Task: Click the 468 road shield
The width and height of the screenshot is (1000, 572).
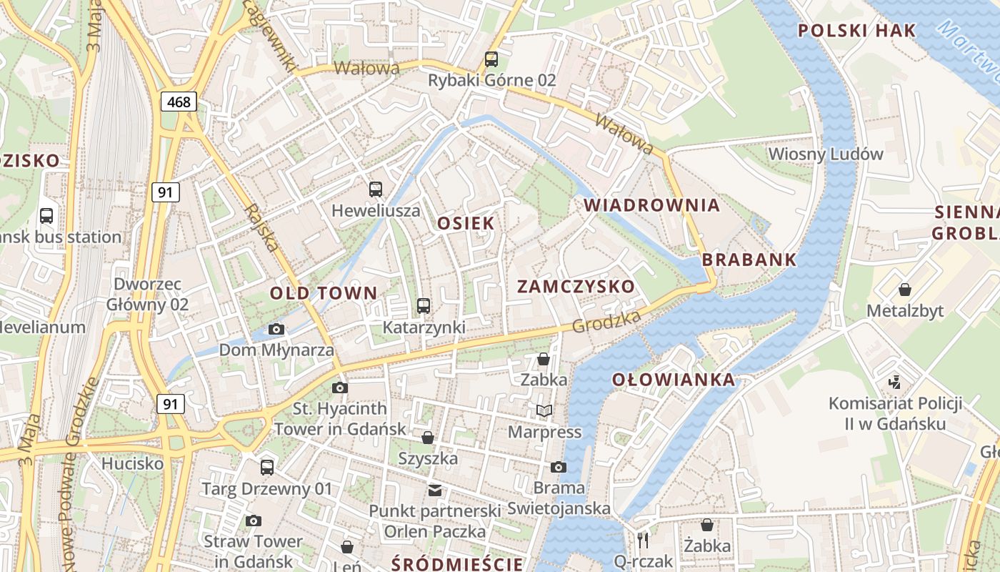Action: point(179,102)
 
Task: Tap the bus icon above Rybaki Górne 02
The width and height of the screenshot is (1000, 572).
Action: point(491,59)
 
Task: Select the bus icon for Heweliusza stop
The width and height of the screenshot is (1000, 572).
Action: point(376,189)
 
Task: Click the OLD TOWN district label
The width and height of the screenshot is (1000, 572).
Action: point(323,292)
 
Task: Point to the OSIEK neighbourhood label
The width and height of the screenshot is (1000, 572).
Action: point(466,223)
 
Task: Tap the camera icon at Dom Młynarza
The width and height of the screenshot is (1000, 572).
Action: point(276,329)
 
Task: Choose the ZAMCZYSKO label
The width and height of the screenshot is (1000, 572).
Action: point(575,287)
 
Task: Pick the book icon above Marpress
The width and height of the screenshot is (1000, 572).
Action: point(544,410)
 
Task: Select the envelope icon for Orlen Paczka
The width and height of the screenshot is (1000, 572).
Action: point(434,490)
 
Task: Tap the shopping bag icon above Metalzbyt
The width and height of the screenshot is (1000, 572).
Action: point(905,290)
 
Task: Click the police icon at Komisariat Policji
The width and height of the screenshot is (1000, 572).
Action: point(895,382)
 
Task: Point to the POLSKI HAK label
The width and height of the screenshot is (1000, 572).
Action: point(856,31)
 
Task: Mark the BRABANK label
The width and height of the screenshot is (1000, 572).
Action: point(749,260)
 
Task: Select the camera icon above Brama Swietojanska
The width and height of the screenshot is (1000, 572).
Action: point(559,467)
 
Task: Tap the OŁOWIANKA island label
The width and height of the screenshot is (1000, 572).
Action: point(674,380)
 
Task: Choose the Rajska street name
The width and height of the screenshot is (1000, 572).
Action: point(261,228)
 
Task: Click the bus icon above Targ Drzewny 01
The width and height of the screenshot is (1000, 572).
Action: point(267,467)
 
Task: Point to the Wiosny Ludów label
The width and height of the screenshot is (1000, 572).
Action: point(825,154)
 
